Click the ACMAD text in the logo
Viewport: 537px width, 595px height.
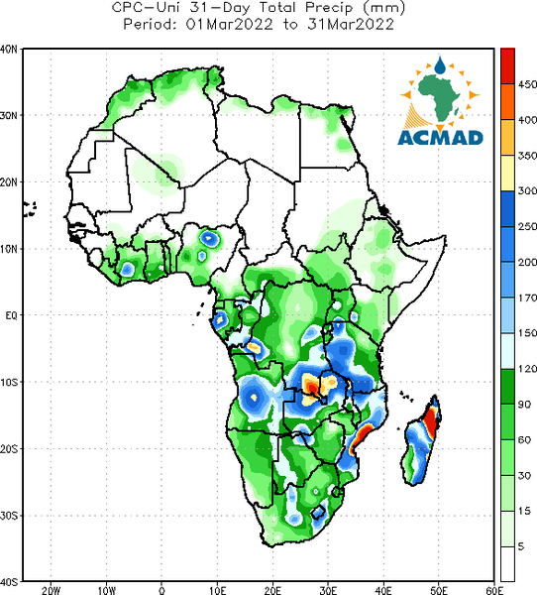440,138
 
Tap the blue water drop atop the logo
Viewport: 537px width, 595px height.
440,65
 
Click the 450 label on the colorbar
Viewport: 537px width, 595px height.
527,84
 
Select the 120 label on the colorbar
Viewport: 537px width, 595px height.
527,369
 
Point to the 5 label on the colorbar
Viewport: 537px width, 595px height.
521,546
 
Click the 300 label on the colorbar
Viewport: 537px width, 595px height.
527,190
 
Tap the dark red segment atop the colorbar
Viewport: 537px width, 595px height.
507,66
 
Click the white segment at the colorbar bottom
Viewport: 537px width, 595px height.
507,564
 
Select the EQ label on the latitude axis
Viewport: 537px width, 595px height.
11,315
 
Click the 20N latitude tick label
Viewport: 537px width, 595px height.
9,182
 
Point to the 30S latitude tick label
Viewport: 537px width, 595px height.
9,516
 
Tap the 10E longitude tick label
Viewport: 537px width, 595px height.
217,590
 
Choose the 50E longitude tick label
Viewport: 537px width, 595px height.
439,590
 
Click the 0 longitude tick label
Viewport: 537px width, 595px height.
161,590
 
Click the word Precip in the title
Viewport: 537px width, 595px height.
328,8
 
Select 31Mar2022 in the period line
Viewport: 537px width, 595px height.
351,25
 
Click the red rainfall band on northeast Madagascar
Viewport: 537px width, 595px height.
431,420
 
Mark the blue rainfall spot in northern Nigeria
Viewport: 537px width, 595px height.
208,238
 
